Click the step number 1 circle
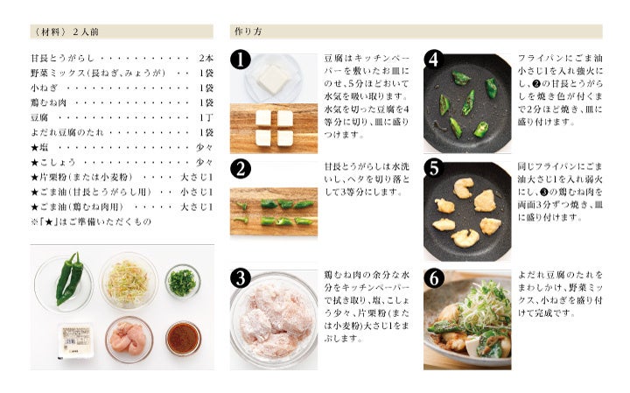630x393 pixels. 241,60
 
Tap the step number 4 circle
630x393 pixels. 434,60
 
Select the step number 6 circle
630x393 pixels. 434,278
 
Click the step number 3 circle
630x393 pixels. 241,278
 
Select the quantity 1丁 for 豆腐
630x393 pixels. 206,118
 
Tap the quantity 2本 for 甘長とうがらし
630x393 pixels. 206,59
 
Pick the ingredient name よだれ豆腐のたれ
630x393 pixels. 67,133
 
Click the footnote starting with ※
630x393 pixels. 91,221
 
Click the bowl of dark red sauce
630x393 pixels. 183,339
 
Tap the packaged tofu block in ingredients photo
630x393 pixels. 76,340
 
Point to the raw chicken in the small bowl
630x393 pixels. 129,340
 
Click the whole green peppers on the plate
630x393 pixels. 69,278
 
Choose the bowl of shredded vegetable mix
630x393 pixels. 129,281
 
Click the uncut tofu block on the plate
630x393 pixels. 273,79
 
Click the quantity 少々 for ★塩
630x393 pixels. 205,147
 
